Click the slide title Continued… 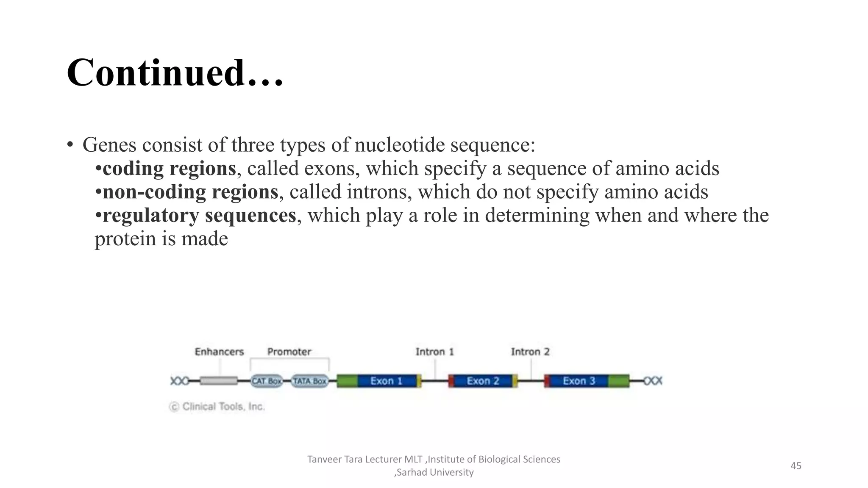click(175, 73)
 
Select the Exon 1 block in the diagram click(387, 381)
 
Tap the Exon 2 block click(483, 381)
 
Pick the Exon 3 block click(579, 381)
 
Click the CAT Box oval click(267, 381)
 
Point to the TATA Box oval click(310, 381)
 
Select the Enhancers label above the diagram click(219, 352)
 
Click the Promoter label click(289, 352)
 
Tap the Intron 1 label click(434, 352)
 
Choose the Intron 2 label click(530, 352)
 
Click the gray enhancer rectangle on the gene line click(219, 381)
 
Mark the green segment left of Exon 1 click(347, 381)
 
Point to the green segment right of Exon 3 click(619, 381)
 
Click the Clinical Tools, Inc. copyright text click(217, 407)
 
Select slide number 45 click(796, 466)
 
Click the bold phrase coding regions click(169, 169)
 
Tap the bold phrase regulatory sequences click(199, 215)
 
